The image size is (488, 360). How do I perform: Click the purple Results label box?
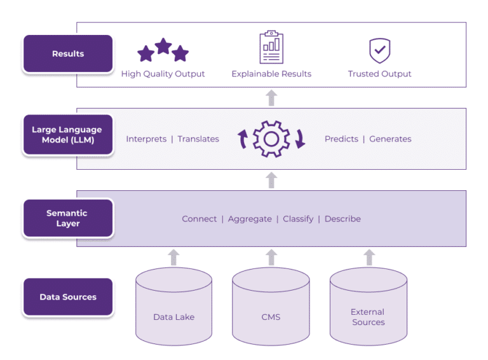pos(68,54)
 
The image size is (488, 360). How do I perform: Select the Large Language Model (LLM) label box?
pos(68,134)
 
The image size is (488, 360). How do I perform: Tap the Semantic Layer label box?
pos(68,218)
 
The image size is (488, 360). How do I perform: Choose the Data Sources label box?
pos(68,297)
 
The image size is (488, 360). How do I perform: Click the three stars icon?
pos(163,50)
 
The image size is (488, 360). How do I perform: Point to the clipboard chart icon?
pos(271,48)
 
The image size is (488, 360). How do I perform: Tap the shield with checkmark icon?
pos(379,50)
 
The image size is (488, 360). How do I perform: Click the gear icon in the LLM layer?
pos(271,139)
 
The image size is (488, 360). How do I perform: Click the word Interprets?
pos(146,139)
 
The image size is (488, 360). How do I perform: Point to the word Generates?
pos(390,139)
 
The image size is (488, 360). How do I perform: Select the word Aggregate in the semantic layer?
pos(250,219)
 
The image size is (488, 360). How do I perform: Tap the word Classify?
pos(298,219)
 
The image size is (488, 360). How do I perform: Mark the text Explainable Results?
pos(271,74)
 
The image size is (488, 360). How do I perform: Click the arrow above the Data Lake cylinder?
pos(174,257)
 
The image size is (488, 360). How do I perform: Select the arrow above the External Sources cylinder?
pos(369,257)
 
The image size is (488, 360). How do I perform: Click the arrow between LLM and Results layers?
pos(271,97)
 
